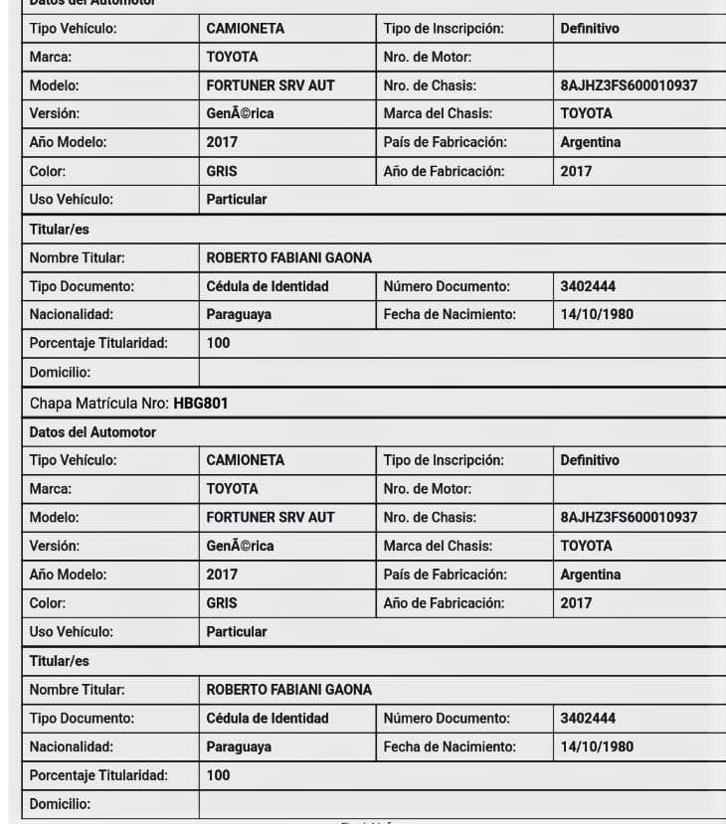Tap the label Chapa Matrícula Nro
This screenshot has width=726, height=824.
99,405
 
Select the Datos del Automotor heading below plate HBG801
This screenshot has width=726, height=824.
92,432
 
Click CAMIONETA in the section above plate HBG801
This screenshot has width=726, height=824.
245,29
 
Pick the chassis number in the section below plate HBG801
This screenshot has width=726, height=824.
629,517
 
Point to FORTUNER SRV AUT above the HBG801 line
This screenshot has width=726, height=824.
270,85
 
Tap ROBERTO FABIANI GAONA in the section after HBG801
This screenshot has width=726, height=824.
288,690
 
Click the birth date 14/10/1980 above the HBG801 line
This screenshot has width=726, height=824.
597,315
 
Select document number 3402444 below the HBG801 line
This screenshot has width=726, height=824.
588,719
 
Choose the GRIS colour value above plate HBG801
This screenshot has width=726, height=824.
222,171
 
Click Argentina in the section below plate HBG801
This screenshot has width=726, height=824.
590,575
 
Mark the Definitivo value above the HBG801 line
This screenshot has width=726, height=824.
589,29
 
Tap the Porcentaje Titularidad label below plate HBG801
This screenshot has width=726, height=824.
98,775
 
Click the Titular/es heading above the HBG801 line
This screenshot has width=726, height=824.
59,230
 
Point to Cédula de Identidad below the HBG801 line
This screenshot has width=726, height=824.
267,719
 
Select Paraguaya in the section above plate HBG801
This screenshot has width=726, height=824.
239,315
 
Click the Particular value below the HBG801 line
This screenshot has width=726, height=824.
237,632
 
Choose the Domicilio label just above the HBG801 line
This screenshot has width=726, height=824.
60,373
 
